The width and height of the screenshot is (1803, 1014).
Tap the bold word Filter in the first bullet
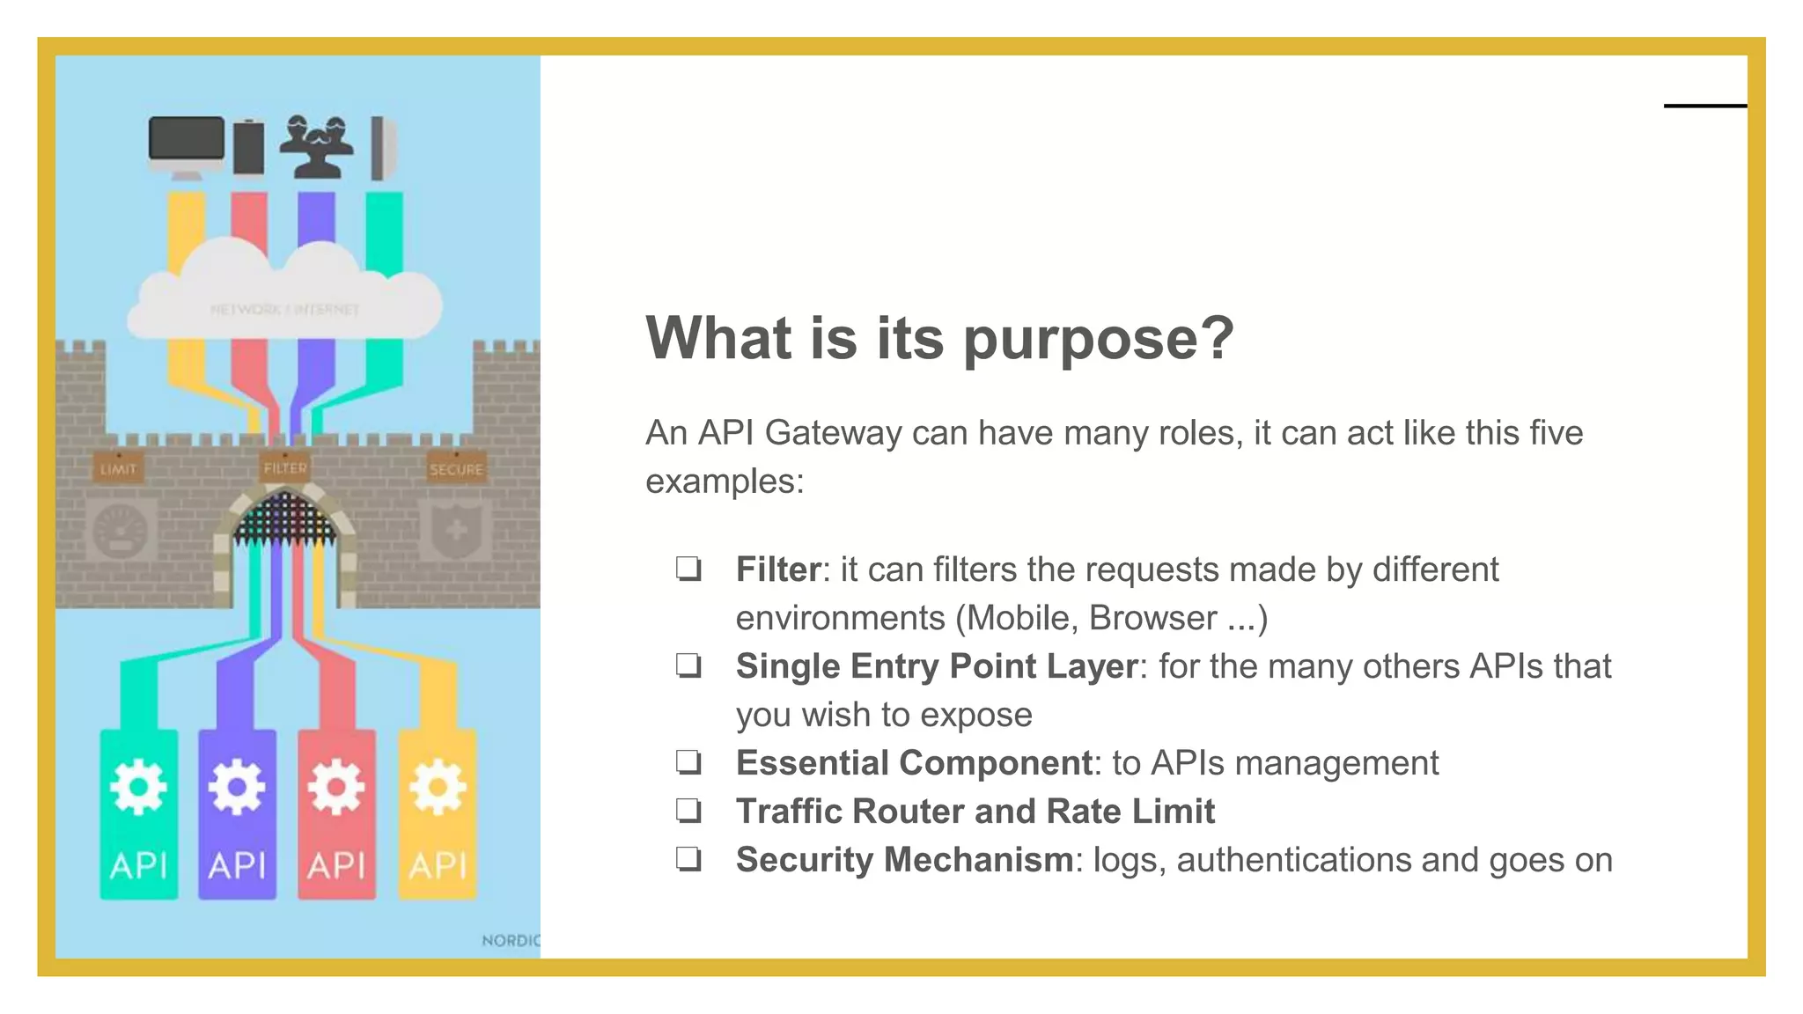point(777,569)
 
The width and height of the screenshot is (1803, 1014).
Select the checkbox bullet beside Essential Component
point(688,762)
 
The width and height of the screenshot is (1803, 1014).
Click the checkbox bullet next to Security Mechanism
point(688,859)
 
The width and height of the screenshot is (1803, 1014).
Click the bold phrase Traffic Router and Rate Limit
point(975,811)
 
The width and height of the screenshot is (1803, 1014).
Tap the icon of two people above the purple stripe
point(316,145)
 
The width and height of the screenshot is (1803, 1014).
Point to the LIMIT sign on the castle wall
point(118,468)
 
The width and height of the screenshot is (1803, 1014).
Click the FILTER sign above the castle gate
point(284,467)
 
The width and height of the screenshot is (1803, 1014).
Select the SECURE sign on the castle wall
point(456,468)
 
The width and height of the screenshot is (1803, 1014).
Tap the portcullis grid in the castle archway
point(285,519)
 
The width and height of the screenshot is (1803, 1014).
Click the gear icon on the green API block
point(138,786)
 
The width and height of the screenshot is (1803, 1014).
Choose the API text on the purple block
point(237,865)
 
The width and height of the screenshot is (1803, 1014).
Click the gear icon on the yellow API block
point(438,786)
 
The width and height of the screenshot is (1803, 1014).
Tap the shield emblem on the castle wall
point(455,529)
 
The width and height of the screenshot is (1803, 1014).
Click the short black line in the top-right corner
point(1704,106)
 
